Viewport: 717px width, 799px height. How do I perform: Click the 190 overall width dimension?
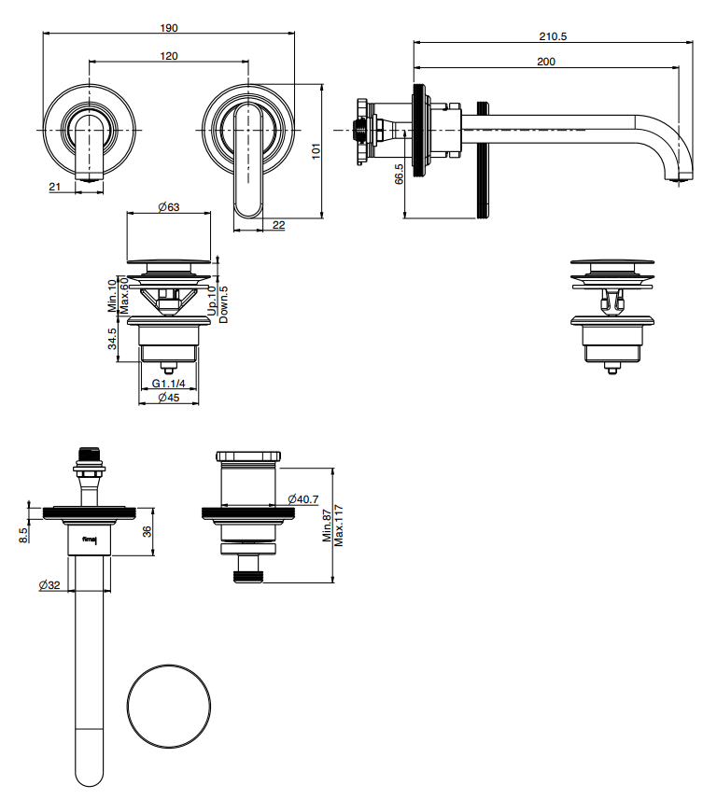(169, 28)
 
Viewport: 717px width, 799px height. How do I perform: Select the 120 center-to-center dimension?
(169, 56)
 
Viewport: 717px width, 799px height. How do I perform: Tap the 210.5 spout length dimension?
(554, 36)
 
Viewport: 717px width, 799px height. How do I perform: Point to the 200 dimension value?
(546, 62)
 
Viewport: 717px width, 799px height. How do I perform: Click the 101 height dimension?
(316, 149)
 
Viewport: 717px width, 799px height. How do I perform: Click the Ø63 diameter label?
(169, 206)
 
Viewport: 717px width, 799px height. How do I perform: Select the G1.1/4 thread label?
(169, 384)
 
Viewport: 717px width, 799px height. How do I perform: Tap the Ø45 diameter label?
(169, 398)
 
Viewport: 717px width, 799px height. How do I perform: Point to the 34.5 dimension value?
(113, 339)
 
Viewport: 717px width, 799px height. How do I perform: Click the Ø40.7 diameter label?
(304, 498)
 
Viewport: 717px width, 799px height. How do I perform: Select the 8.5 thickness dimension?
(22, 534)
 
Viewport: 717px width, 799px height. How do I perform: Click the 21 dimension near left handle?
(54, 187)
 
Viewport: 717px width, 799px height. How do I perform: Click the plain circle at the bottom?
(169, 708)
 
